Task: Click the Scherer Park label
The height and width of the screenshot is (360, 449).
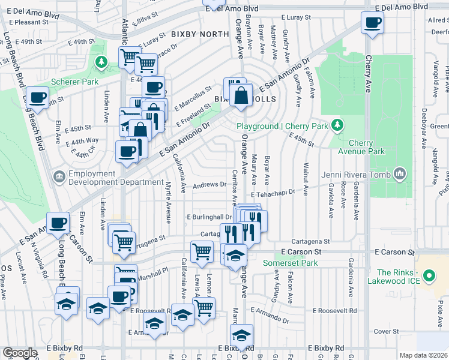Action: [x=74, y=82]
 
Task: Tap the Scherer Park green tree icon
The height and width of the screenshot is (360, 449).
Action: [x=101, y=61]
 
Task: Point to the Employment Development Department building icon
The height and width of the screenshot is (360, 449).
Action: [x=59, y=176]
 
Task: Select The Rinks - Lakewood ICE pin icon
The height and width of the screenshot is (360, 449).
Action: [x=429, y=277]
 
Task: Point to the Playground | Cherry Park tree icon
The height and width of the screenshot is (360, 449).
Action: [x=339, y=125]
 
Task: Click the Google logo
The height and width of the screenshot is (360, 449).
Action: [x=20, y=353]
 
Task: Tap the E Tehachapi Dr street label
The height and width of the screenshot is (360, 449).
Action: [x=274, y=193]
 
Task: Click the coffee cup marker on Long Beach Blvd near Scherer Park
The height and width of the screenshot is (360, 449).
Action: [x=37, y=97]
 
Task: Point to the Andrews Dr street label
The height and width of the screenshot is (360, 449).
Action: [x=208, y=185]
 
